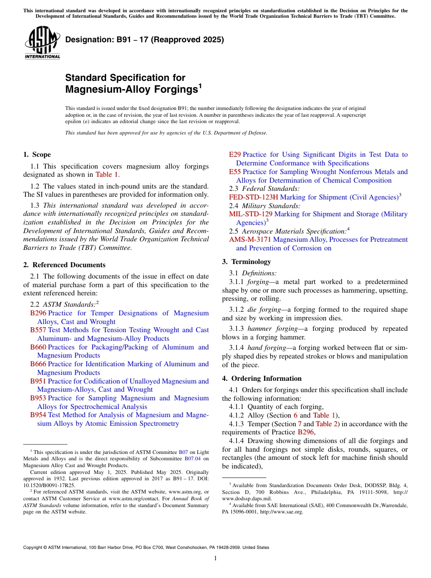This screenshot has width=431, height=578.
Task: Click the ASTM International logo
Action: [x=42, y=43]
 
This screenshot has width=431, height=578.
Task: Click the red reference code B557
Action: [x=38, y=330]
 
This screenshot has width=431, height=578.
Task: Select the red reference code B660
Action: [x=38, y=347]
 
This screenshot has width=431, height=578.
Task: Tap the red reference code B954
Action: [x=38, y=415]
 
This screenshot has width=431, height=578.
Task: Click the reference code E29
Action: [x=235, y=154]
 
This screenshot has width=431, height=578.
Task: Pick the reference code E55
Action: [x=235, y=172]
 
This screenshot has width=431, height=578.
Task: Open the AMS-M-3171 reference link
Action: [x=250, y=239]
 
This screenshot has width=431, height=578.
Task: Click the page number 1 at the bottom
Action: [x=215, y=558]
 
